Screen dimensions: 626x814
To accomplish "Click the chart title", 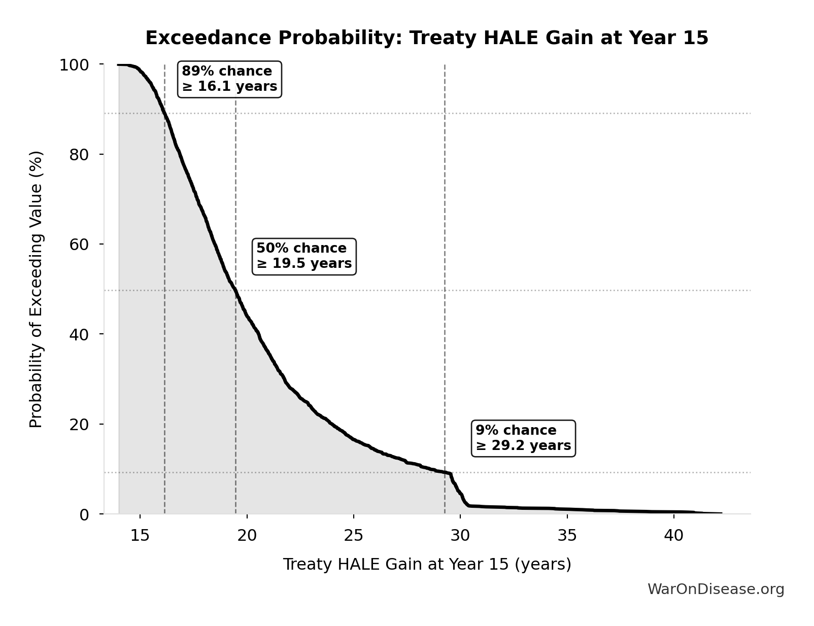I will click(x=426, y=38).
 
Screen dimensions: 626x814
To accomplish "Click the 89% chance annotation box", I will click(x=229, y=79).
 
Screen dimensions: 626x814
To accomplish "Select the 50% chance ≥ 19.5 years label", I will click(x=304, y=256).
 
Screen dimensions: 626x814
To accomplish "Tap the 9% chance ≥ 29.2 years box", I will click(x=523, y=438).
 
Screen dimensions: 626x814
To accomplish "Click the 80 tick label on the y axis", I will click(x=79, y=155).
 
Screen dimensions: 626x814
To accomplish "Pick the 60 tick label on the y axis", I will click(x=79, y=245).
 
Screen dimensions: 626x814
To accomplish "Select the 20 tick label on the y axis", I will click(x=79, y=424).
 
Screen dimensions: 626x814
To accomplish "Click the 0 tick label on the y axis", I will click(x=84, y=514).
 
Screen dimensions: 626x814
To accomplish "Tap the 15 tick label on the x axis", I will click(x=140, y=536).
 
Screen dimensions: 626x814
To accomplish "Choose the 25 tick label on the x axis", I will click(x=353, y=536).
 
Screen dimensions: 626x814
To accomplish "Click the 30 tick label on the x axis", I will click(x=460, y=536).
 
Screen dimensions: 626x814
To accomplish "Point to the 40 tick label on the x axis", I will click(x=674, y=536).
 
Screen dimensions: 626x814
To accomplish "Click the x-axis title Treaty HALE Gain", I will click(x=426, y=564).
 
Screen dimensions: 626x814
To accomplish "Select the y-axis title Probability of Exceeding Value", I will click(x=36, y=289).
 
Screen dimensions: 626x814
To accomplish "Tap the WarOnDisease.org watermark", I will click(x=716, y=589).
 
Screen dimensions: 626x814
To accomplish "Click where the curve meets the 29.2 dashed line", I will click(x=445, y=472).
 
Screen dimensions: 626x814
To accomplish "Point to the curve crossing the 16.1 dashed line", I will click(x=164, y=113).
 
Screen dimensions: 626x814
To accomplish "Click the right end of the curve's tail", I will click(x=721, y=513).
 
